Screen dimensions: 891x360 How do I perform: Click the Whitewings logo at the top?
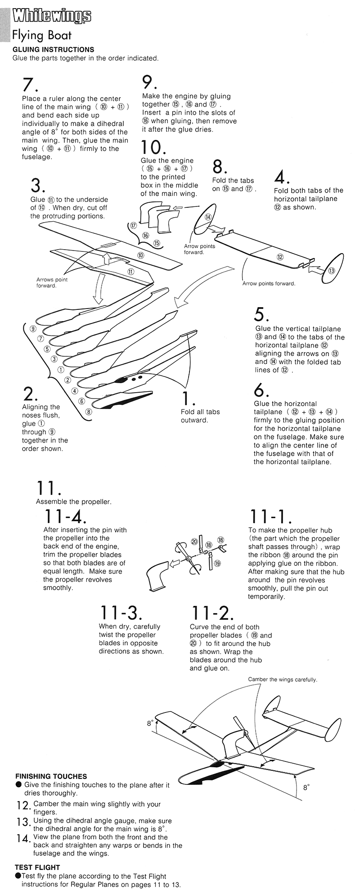tap(52, 16)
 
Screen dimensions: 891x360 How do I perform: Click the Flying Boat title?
tap(41, 35)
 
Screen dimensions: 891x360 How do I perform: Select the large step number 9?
tap(149, 82)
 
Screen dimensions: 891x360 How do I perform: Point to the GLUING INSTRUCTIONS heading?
tap(53, 49)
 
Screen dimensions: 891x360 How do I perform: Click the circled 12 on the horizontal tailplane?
tap(280, 257)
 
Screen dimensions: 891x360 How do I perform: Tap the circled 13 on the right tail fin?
tap(332, 270)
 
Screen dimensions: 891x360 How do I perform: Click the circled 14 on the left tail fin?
tap(208, 217)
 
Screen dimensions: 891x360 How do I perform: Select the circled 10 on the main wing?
tap(140, 255)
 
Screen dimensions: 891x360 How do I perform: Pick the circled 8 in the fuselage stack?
tap(89, 411)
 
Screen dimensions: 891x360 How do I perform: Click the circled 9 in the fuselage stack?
tap(33, 328)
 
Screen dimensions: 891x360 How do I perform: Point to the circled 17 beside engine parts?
tap(133, 225)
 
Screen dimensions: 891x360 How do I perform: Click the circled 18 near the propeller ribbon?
tap(220, 540)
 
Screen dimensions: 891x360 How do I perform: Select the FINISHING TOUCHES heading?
tap(51, 776)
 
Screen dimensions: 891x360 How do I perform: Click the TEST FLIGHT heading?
tap(37, 867)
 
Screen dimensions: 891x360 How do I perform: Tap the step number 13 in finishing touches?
tap(22, 822)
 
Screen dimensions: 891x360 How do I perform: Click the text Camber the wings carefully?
tap(282, 679)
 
